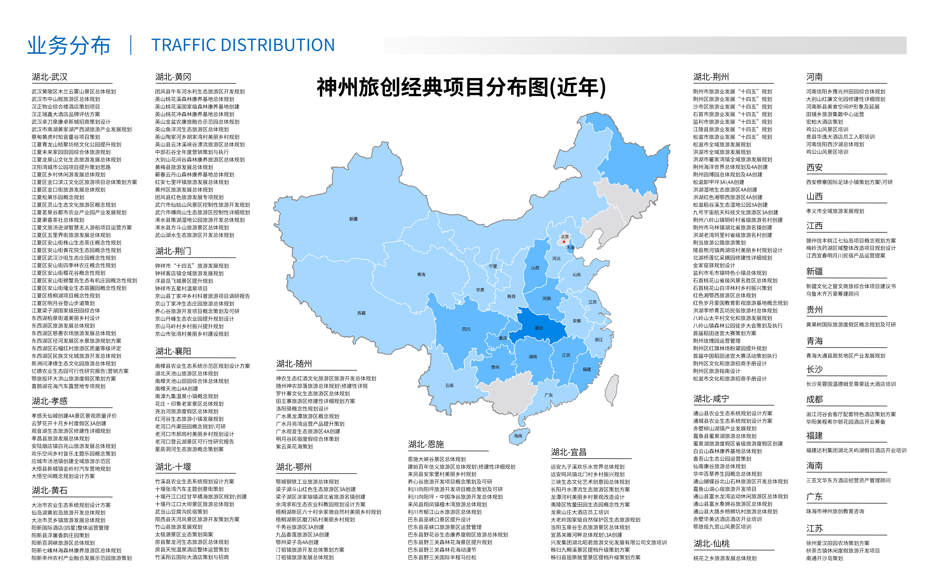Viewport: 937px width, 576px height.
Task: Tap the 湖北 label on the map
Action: pos(539,328)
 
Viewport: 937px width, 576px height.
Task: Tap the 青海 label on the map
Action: pos(421,274)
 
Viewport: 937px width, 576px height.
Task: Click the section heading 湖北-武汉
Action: pos(49,77)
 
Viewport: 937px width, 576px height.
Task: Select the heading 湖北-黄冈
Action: pos(173,77)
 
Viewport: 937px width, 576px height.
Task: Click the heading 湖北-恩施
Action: pos(426,444)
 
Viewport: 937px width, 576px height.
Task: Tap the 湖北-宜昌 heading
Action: pos(568,452)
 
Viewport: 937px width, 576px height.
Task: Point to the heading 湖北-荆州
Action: pos(711,77)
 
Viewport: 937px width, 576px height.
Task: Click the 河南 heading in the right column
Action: pos(814,77)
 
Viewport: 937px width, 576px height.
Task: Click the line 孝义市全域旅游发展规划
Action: pos(835,211)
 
